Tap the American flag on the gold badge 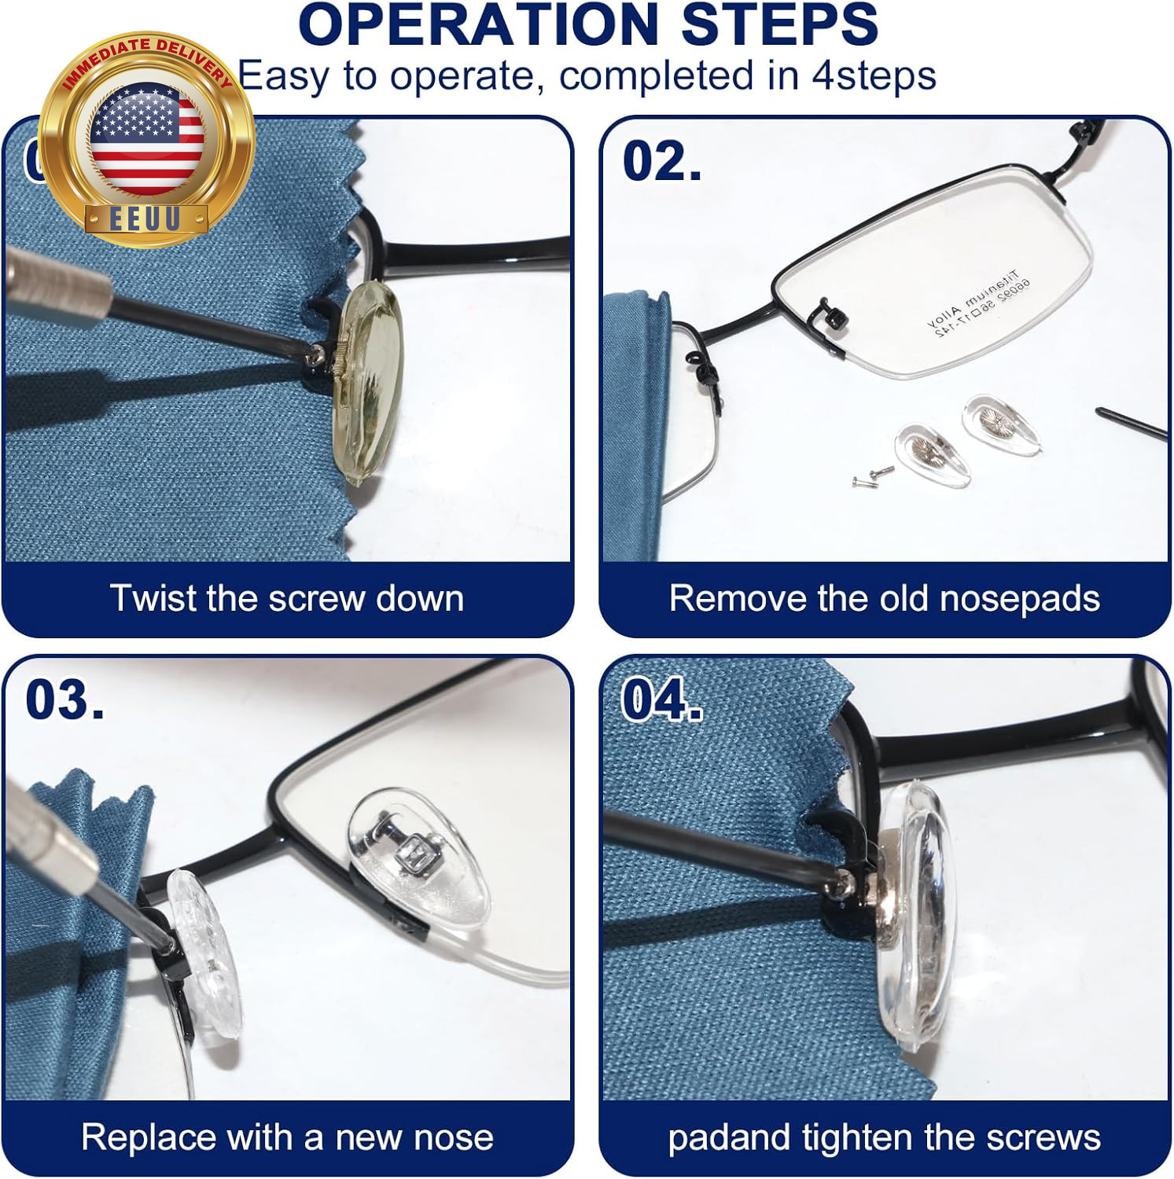click(147, 139)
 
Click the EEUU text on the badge click(145, 219)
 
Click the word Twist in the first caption click(153, 598)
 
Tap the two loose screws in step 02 click(873, 475)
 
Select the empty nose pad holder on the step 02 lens click(830, 312)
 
